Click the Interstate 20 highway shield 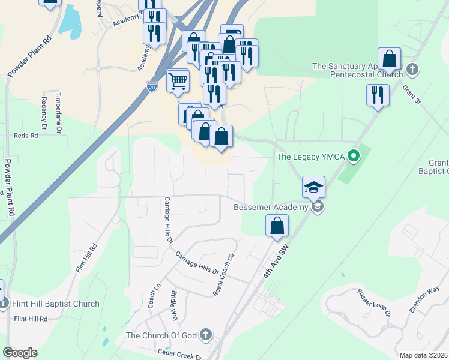tap(152, 88)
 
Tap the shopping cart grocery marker tap(178, 80)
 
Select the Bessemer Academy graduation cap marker tap(313, 187)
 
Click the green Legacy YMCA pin tap(354, 157)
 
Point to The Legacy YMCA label tap(310, 157)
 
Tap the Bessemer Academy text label tap(271, 208)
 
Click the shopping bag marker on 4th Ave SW tap(277, 226)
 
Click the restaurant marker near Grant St tap(378, 95)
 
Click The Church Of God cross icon tap(206, 334)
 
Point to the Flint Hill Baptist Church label tap(55, 304)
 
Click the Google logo tap(20, 353)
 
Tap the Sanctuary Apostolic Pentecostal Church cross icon tap(412, 70)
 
